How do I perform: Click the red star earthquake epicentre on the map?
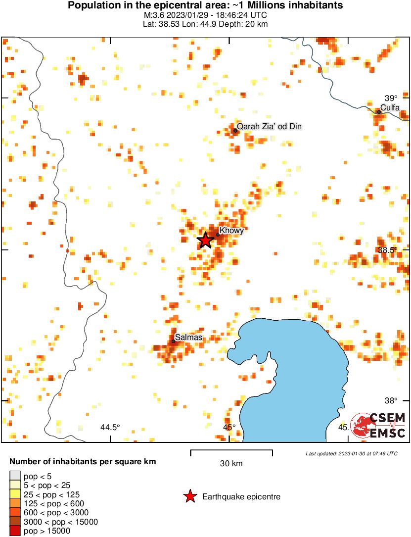pyautogui.click(x=205, y=240)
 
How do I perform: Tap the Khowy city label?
pyautogui.click(x=231, y=231)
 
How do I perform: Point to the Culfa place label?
pyautogui.click(x=390, y=108)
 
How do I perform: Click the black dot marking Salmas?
pyautogui.click(x=174, y=341)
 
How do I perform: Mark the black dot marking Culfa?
pyautogui.click(x=379, y=112)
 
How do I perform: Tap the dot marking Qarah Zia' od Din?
pyautogui.click(x=235, y=131)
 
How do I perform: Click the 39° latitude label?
pyautogui.click(x=391, y=98)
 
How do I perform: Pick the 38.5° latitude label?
pyautogui.click(x=387, y=250)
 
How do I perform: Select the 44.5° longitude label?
pyautogui.click(x=110, y=427)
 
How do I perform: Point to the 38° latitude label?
pyautogui.click(x=391, y=401)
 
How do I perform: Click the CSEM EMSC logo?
pyautogui.click(x=378, y=425)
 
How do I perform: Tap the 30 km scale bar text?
pyautogui.click(x=231, y=464)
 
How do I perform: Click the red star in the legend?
pyautogui.click(x=189, y=496)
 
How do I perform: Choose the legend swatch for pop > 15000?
pyautogui.click(x=15, y=531)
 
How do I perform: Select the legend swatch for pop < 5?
pyautogui.click(x=15, y=477)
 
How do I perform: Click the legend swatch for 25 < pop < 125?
pyautogui.click(x=15, y=494)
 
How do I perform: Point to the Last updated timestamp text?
pyautogui.click(x=351, y=453)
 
